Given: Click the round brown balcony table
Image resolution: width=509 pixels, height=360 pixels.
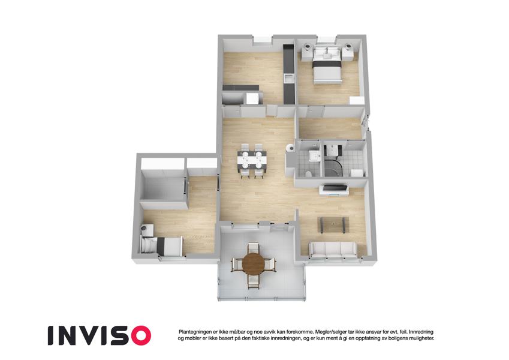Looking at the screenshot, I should [253, 262].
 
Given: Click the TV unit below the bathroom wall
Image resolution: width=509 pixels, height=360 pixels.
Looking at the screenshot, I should [335, 190].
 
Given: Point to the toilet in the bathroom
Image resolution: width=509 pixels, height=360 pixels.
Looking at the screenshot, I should [307, 173].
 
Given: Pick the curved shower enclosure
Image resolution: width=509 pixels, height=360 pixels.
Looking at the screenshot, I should [333, 163].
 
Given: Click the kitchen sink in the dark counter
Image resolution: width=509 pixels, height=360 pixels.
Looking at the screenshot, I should [288, 77].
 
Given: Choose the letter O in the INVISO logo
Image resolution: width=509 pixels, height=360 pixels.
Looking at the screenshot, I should [140, 335].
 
